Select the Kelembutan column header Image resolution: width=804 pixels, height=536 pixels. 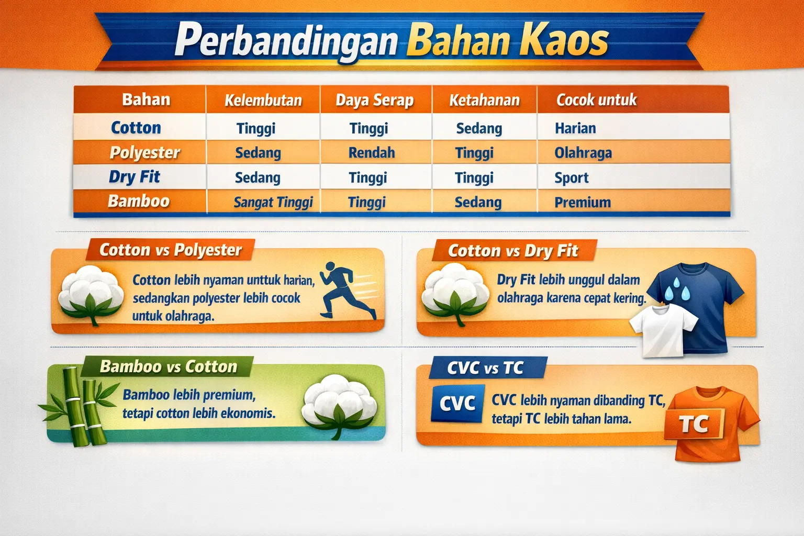click(263, 100)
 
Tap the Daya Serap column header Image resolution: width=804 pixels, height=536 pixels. click(374, 100)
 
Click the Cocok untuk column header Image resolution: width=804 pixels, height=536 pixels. click(596, 100)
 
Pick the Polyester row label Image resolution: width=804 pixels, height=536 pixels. click(144, 153)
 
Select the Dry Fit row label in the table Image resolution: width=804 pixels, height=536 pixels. click(135, 177)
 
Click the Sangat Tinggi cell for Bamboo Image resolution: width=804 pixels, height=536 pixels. click(273, 202)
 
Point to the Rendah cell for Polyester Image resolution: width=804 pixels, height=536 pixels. click(372, 153)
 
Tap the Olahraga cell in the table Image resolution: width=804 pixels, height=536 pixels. click(583, 153)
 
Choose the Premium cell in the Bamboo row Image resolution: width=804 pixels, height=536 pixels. click(583, 202)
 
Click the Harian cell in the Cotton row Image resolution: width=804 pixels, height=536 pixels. click(575, 128)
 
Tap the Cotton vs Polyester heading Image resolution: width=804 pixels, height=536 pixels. click(171, 250)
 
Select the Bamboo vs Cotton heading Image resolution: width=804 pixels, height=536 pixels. click(168, 366)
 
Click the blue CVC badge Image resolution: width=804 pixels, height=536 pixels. click(457, 404)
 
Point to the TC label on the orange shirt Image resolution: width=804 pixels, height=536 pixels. click(694, 425)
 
